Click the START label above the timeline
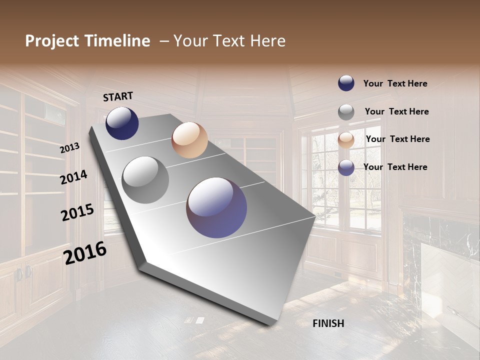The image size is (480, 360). point(118,96)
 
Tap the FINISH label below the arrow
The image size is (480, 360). point(328,323)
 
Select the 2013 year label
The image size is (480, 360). point(69,147)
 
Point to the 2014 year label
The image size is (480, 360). point(73,177)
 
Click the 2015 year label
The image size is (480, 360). point(77,212)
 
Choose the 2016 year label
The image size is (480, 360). point(85,253)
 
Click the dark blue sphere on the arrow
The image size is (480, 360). point(122,123)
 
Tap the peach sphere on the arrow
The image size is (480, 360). point(189,140)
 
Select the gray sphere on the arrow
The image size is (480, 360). point(145,180)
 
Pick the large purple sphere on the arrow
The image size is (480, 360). point(216,207)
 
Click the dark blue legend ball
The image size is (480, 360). point(346,83)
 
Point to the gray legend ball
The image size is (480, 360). point(346,112)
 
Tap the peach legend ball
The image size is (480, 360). point(346,140)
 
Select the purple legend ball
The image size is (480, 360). point(346,167)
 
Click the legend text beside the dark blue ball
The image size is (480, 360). point(395,83)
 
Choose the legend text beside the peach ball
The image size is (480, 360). point(397,139)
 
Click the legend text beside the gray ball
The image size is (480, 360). point(396,111)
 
